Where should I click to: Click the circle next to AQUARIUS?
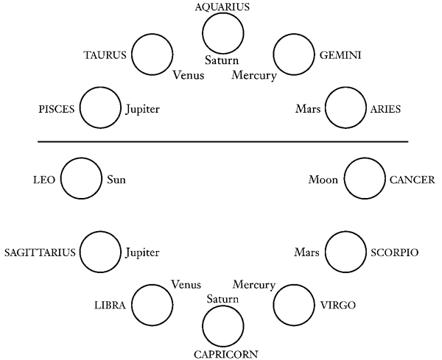point(222,32)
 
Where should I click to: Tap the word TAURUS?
point(107,55)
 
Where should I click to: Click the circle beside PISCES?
point(99,109)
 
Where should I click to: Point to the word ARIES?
point(384,109)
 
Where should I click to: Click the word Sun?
point(117,179)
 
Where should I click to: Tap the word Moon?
point(323,179)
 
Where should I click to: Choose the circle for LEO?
point(80,179)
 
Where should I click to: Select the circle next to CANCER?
point(364,179)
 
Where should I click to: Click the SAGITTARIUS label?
point(40,253)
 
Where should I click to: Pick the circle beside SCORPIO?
point(345,253)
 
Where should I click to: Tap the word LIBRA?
point(109,305)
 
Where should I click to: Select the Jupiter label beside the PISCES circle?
point(142,109)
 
